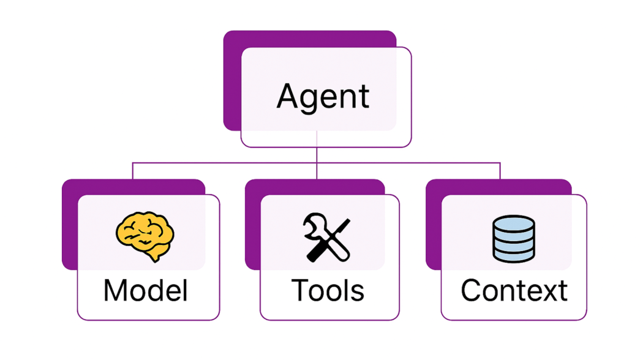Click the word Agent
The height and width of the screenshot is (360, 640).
[323, 97]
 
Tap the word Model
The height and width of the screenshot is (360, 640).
[146, 290]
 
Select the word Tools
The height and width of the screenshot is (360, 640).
[328, 290]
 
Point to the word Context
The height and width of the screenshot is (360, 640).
[514, 290]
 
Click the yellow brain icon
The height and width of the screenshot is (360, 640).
[145, 236]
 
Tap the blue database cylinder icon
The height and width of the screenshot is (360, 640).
[514, 239]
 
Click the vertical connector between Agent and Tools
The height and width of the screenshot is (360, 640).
[317, 155]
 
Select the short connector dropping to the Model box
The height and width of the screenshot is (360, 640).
[133, 171]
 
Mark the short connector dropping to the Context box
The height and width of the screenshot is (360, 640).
[500, 171]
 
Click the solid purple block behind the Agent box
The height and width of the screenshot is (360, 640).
[232, 81]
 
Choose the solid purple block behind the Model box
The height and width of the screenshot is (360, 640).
[69, 225]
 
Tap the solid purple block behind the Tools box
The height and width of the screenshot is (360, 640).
[252, 225]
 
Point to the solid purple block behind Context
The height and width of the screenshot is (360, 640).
[433, 225]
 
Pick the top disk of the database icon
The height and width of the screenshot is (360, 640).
[514, 223]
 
